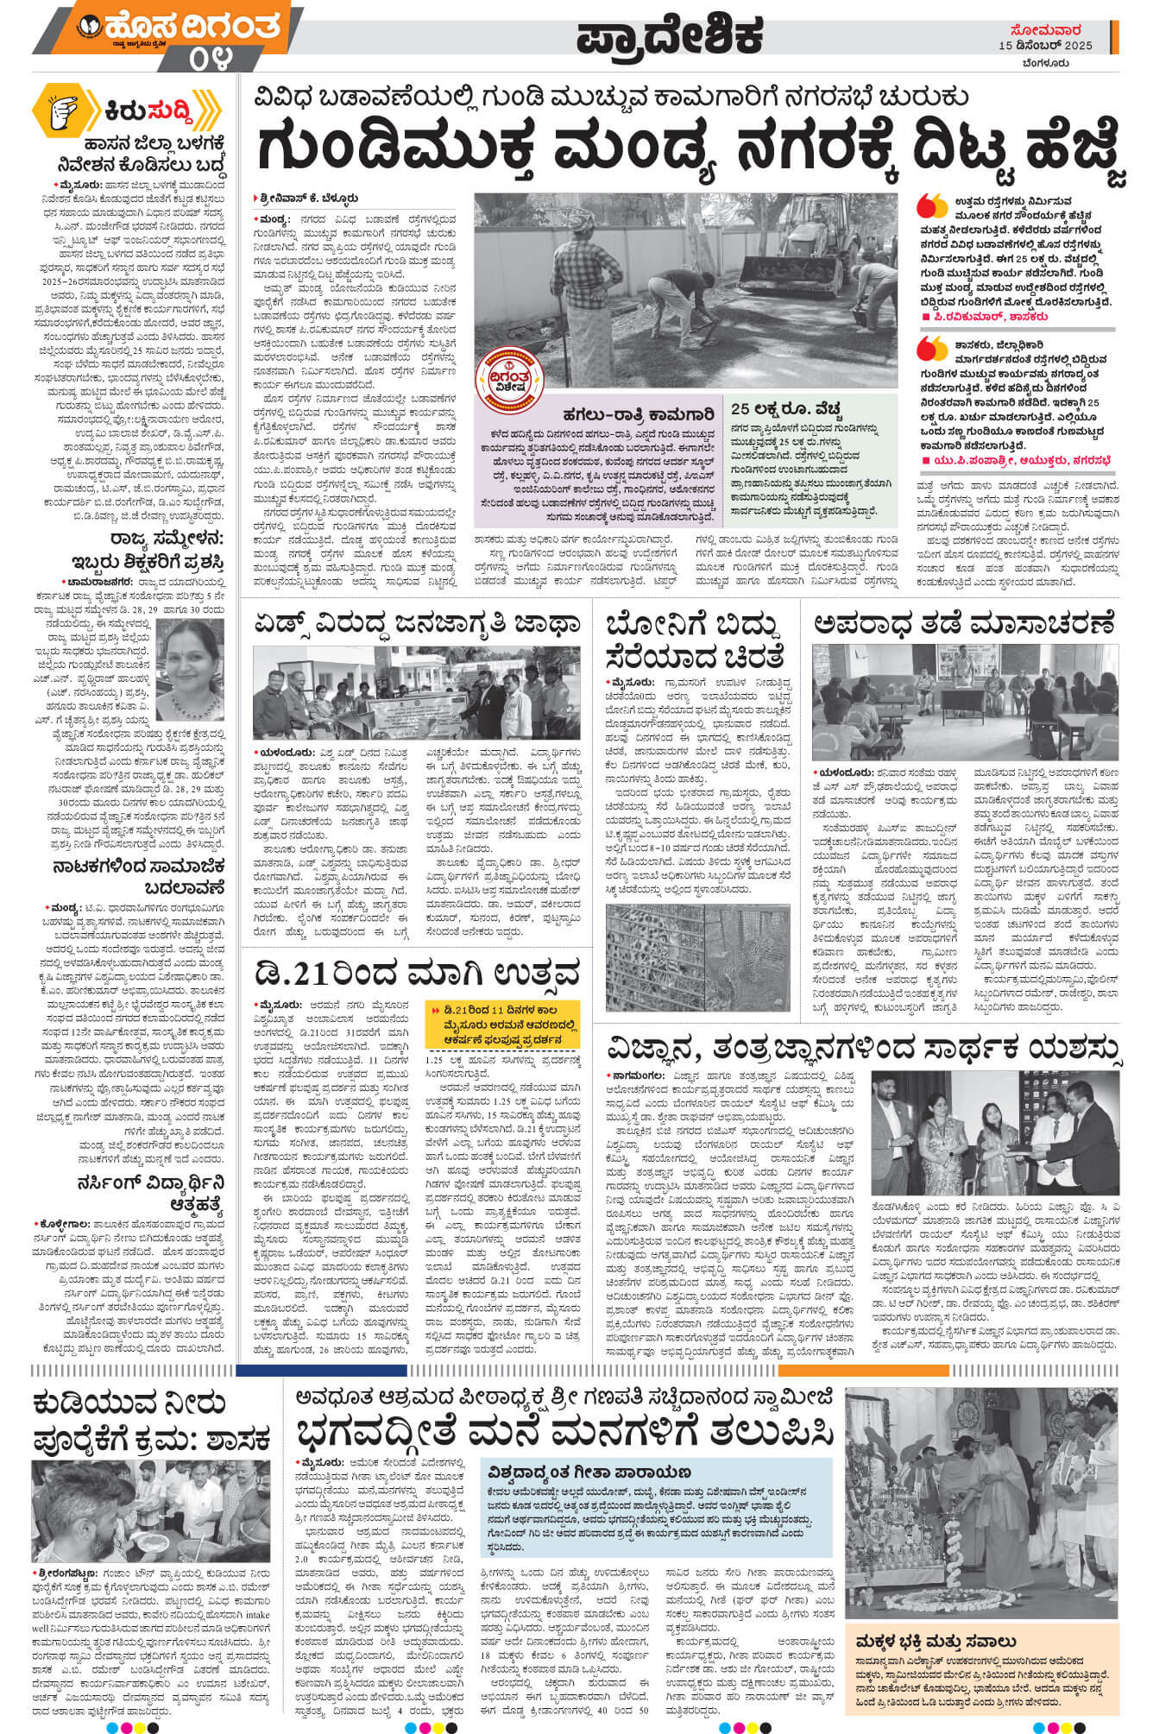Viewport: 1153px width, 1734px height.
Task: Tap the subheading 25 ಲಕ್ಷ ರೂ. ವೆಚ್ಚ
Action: point(784,408)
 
